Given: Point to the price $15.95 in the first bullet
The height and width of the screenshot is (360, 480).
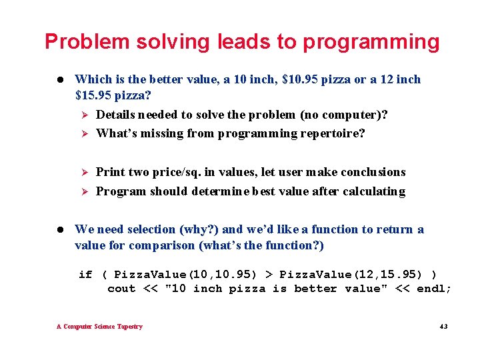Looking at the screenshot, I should (96, 95).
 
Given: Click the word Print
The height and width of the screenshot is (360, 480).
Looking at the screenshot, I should (111, 172).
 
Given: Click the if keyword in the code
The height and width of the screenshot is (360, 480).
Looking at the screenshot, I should (85, 275).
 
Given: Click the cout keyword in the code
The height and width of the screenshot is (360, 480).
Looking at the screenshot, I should (121, 289).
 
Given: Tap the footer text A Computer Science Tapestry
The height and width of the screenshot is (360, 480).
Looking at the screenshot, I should (99, 327).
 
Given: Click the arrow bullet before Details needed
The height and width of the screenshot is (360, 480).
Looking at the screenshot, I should (84, 115).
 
